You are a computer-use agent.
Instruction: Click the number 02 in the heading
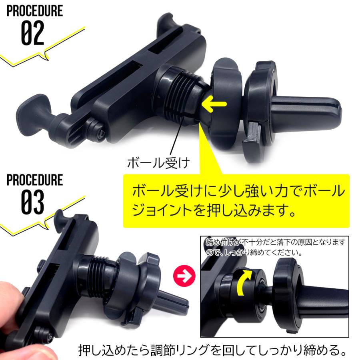(x=32, y=34)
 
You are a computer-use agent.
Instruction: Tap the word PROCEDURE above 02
(x=35, y=10)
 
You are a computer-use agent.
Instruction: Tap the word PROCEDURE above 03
(x=35, y=180)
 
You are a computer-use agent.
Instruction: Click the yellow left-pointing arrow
(x=214, y=105)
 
